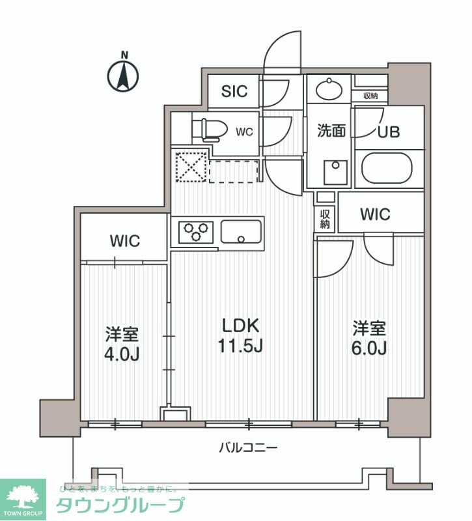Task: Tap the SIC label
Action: (x=234, y=91)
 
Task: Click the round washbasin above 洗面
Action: (x=329, y=88)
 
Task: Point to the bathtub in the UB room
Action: (x=387, y=168)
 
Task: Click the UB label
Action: (x=389, y=131)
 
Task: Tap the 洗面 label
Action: (x=331, y=131)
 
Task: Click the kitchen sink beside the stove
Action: (x=241, y=231)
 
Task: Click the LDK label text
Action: (x=241, y=325)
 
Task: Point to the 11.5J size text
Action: (x=241, y=346)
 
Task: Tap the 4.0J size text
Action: (x=123, y=355)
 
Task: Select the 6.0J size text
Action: (x=370, y=348)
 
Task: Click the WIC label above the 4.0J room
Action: (x=124, y=240)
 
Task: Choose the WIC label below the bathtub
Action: (x=374, y=214)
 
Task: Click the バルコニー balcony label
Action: (x=248, y=447)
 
